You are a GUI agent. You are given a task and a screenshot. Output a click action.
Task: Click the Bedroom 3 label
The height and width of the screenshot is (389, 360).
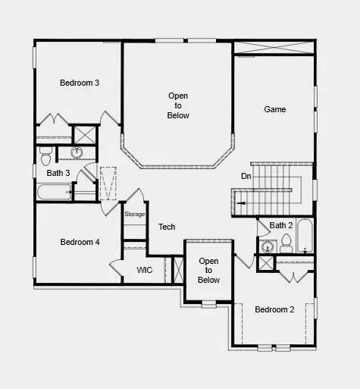pyautogui.click(x=80, y=83)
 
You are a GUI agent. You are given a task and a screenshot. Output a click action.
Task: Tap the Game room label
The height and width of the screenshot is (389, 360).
pyautogui.click(x=274, y=109)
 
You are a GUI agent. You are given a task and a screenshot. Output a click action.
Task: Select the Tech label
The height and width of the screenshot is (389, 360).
pyautogui.click(x=167, y=227)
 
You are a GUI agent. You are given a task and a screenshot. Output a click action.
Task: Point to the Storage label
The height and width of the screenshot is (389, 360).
pyautogui.click(x=135, y=215)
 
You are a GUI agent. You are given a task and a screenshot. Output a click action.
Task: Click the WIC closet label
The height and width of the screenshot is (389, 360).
pyautogui.click(x=145, y=270)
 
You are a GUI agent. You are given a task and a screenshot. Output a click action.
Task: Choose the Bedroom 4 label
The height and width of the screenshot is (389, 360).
pyautogui.click(x=80, y=242)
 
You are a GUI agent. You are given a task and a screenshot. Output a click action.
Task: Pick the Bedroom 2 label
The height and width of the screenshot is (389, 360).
pyautogui.click(x=274, y=309)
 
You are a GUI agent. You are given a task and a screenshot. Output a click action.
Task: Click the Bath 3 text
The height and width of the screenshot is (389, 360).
pyautogui.click(x=58, y=173)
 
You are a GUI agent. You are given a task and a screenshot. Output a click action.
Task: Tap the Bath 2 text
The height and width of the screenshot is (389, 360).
pyautogui.click(x=281, y=225)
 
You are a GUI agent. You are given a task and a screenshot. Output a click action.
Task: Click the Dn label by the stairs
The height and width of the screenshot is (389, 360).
pyautogui.click(x=246, y=176)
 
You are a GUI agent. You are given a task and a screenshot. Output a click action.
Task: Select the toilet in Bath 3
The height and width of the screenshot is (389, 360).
pyautogui.click(x=45, y=156)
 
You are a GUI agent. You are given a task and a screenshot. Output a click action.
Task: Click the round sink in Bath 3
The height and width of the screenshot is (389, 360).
pyautogui.click(x=77, y=153)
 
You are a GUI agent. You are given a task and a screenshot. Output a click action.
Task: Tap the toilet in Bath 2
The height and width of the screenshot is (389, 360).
pyautogui.click(x=286, y=243)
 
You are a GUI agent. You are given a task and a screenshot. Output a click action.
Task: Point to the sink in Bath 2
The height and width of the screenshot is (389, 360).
pyautogui.click(x=267, y=246)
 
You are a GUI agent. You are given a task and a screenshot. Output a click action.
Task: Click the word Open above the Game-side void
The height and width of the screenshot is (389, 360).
pyautogui.click(x=179, y=96)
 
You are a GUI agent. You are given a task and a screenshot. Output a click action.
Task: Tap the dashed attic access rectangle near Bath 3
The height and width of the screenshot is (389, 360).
pyautogui.click(x=108, y=184)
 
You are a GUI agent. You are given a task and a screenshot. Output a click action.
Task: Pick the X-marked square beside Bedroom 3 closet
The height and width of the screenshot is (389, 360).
pyautogui.click(x=83, y=134)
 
